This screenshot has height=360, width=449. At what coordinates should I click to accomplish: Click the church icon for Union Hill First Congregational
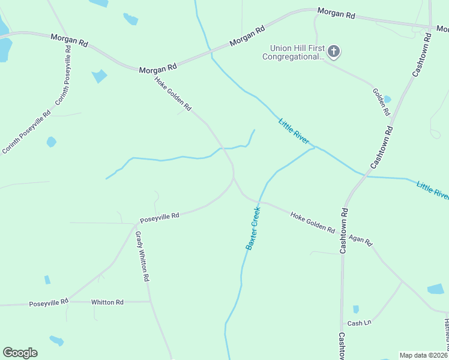coord(334,52)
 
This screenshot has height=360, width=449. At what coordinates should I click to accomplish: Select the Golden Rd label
coord(381,102)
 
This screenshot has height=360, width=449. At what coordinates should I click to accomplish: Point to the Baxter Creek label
coord(253,228)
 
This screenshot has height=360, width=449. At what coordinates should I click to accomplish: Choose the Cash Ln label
coord(360,323)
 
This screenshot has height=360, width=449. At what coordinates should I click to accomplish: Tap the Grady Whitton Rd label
coord(142,257)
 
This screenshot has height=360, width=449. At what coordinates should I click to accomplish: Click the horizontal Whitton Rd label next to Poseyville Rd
coord(107,302)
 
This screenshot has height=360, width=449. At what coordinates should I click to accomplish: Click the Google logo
coord(20,353)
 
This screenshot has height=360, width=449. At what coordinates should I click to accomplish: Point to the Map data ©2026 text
coord(424,355)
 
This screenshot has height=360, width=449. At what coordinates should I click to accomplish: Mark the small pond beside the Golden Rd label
coord(387,99)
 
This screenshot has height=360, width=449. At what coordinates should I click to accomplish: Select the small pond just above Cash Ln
coord(356,310)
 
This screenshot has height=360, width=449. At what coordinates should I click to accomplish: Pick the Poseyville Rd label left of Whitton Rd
coord(49,303)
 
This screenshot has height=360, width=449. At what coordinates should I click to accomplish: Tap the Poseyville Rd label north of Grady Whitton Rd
coord(159,217)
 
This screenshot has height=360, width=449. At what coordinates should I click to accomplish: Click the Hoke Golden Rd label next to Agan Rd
coord(312,222)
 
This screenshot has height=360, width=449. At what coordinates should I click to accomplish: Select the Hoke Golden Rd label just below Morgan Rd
coord(172,94)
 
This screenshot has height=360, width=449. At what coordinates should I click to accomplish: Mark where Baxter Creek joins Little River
coord(314,148)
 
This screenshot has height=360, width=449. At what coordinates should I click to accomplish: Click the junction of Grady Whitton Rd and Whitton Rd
coord(149,302)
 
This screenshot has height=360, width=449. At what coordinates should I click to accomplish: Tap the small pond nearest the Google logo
coord(56,341)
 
